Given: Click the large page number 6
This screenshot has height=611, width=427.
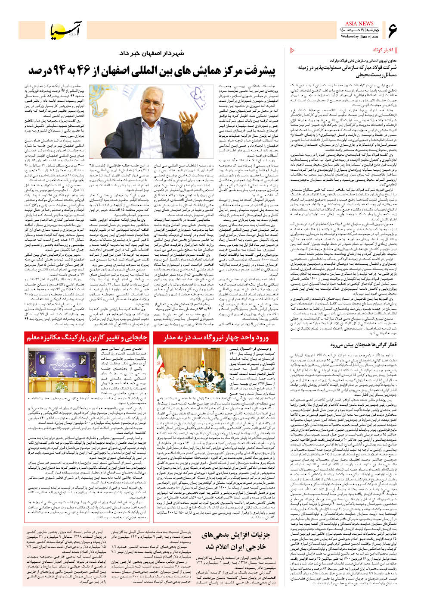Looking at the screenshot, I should [x=392, y=31].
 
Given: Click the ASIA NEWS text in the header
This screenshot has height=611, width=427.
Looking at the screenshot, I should [x=359, y=24].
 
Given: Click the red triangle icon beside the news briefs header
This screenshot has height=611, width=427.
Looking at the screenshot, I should [x=292, y=50].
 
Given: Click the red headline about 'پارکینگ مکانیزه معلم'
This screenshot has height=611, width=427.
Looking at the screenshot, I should [x=87, y=338].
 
